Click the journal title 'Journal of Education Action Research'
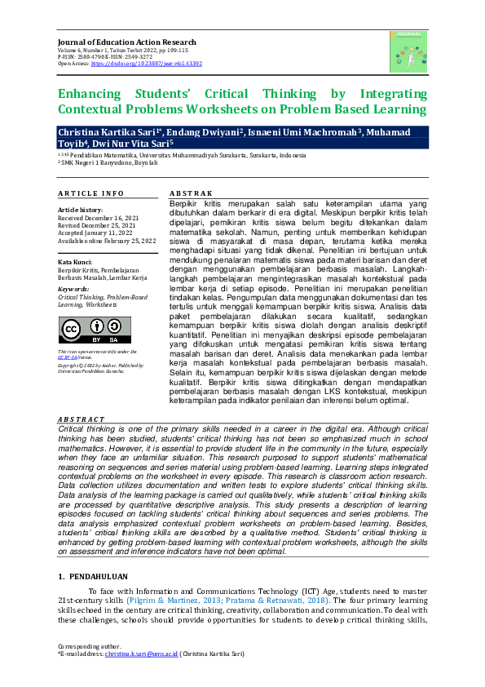click(126, 42)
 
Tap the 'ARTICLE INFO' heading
click(90, 193)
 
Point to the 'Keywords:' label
click(74, 289)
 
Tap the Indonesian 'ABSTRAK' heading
click(190, 193)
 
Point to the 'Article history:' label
click(80, 211)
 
